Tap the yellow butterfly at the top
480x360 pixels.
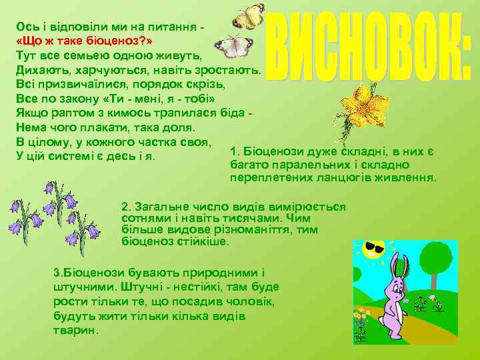[x=249, y=17]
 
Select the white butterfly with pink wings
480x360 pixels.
[x=235, y=45]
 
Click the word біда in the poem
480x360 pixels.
[x=233, y=114]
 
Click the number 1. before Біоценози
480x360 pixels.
[x=233, y=152]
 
